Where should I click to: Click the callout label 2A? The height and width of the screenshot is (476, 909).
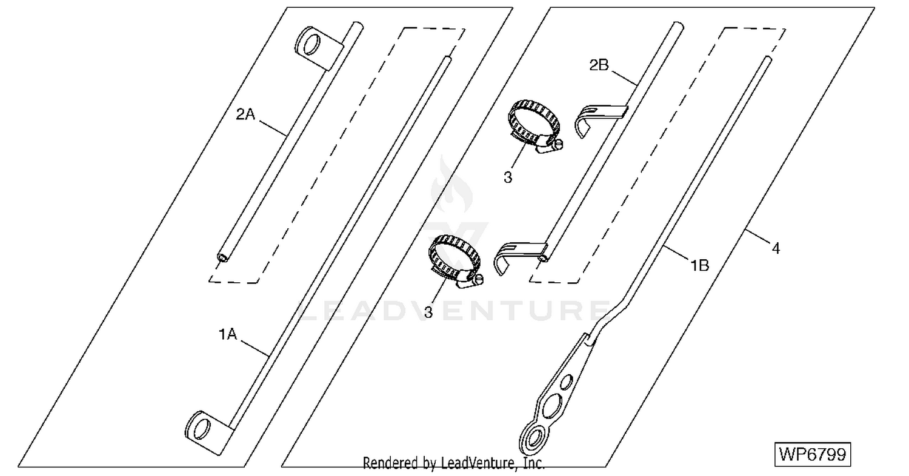(245, 114)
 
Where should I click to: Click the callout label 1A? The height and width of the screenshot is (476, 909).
(228, 334)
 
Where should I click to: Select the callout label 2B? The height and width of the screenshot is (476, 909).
(599, 65)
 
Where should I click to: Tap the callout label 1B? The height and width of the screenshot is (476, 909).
(700, 266)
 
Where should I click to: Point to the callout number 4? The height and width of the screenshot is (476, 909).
(776, 248)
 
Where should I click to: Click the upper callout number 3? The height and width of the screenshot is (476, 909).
(508, 177)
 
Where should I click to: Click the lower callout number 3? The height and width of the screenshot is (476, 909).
(428, 312)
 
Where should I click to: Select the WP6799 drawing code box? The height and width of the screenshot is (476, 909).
(813, 455)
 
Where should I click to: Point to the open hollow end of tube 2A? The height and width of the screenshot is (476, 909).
(222, 257)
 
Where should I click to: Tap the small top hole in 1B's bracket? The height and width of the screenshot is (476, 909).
(567, 382)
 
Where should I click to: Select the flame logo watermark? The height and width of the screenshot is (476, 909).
(451, 185)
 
